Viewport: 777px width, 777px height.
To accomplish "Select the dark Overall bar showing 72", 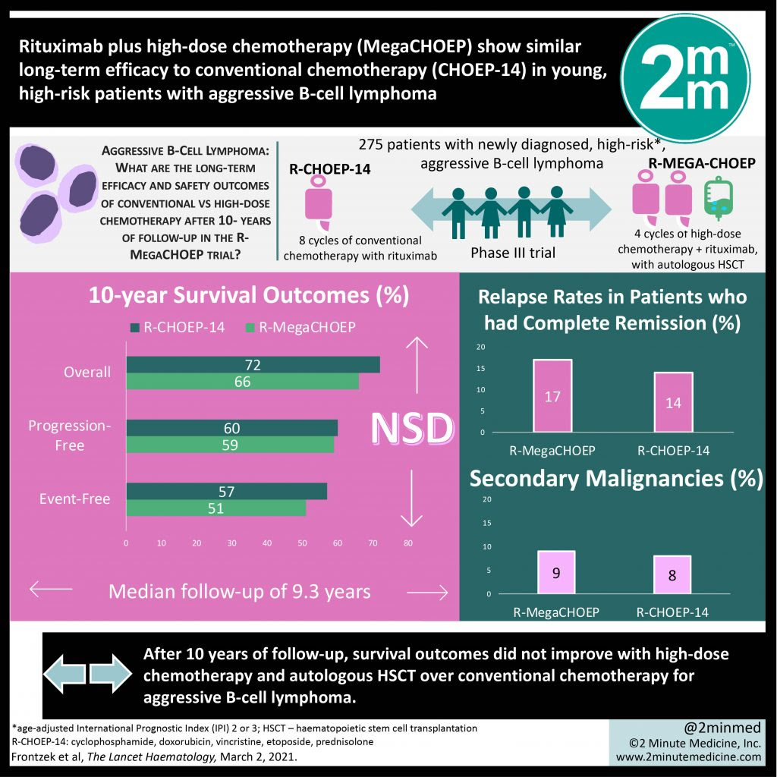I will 253,365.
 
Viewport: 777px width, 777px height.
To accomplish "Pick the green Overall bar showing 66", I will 242,382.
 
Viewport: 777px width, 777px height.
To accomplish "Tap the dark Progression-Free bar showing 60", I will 231,429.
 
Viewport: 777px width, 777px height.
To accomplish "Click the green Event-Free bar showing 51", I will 215,508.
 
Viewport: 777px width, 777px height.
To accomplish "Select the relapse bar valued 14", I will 673,402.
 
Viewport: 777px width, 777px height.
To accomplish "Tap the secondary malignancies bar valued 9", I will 556,573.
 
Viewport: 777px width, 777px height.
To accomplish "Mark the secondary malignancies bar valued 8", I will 673,575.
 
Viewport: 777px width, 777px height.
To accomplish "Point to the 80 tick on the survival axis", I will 407,543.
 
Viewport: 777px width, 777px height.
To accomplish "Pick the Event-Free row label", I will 74,499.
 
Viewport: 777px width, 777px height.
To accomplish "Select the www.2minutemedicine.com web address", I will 689,757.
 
